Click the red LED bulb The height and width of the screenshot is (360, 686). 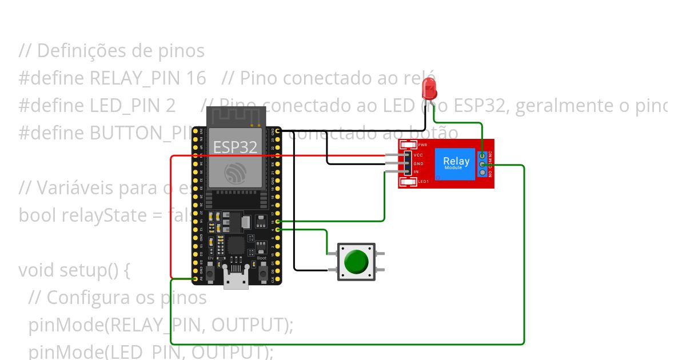tap(429, 88)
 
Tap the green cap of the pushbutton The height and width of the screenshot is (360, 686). tap(356, 261)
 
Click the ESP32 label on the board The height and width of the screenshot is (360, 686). tap(235, 147)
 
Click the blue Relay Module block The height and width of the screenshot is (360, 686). tap(456, 163)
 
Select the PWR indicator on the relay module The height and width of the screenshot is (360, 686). tap(408, 145)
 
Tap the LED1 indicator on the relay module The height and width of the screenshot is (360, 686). tap(408, 182)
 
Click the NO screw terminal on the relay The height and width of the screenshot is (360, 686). tap(483, 172)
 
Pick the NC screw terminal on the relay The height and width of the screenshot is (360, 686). tap(483, 155)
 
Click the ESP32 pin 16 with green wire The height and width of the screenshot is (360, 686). tap(278, 221)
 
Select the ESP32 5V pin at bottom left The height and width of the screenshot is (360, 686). tap(195, 279)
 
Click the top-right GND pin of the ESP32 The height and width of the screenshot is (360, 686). tap(278, 131)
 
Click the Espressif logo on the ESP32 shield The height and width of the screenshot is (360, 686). tap(235, 172)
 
